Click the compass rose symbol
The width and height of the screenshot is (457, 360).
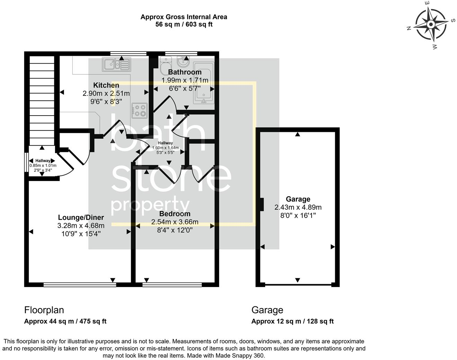(431, 25)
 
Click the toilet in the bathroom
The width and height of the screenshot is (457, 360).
(165, 66)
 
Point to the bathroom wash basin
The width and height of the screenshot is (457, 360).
(182, 62)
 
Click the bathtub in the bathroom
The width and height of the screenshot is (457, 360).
(204, 83)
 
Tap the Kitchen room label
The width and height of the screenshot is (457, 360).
(106, 85)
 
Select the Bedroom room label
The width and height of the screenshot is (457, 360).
(174, 214)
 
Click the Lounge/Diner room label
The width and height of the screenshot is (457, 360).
(81, 217)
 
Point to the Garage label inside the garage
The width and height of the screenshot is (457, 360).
(298, 199)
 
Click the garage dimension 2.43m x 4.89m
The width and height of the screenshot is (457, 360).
(298, 207)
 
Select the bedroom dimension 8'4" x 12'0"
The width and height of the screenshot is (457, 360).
(174, 230)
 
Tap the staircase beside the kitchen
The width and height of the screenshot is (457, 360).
(42, 100)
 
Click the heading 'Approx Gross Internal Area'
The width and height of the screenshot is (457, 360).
(183, 17)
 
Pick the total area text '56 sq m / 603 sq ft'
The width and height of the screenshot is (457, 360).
(183, 25)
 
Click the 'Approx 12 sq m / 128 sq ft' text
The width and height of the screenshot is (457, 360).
(292, 321)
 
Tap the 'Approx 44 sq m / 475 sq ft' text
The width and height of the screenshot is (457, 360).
(65, 321)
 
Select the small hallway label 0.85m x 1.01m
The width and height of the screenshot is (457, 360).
(43, 165)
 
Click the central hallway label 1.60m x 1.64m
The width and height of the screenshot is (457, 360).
(165, 148)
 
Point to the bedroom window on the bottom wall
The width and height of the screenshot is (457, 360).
(172, 285)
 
